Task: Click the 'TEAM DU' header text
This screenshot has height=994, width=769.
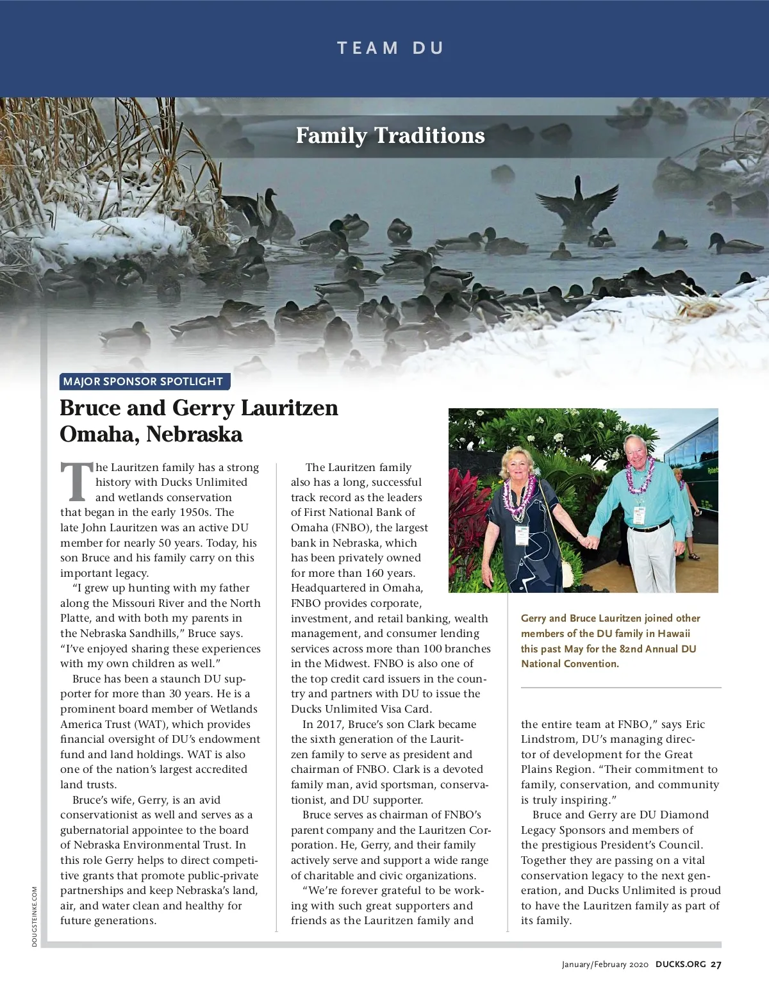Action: pyautogui.click(x=390, y=48)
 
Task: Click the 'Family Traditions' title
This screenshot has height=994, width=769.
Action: pyautogui.click(x=390, y=135)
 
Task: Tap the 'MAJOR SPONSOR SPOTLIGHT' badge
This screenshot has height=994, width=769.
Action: pyautogui.click(x=143, y=381)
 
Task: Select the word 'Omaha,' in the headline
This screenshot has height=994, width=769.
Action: pyautogui.click(x=100, y=435)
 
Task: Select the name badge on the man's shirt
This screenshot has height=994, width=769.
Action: pyautogui.click(x=639, y=515)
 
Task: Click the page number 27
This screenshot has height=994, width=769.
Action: pyautogui.click(x=716, y=965)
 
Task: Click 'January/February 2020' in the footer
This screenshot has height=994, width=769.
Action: pyautogui.click(x=605, y=965)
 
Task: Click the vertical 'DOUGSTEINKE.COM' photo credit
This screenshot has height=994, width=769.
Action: pyautogui.click(x=35, y=916)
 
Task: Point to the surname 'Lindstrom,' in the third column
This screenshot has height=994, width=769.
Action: pyautogui.click(x=550, y=739)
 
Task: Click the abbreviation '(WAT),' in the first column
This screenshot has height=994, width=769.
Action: pyautogui.click(x=151, y=724)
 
